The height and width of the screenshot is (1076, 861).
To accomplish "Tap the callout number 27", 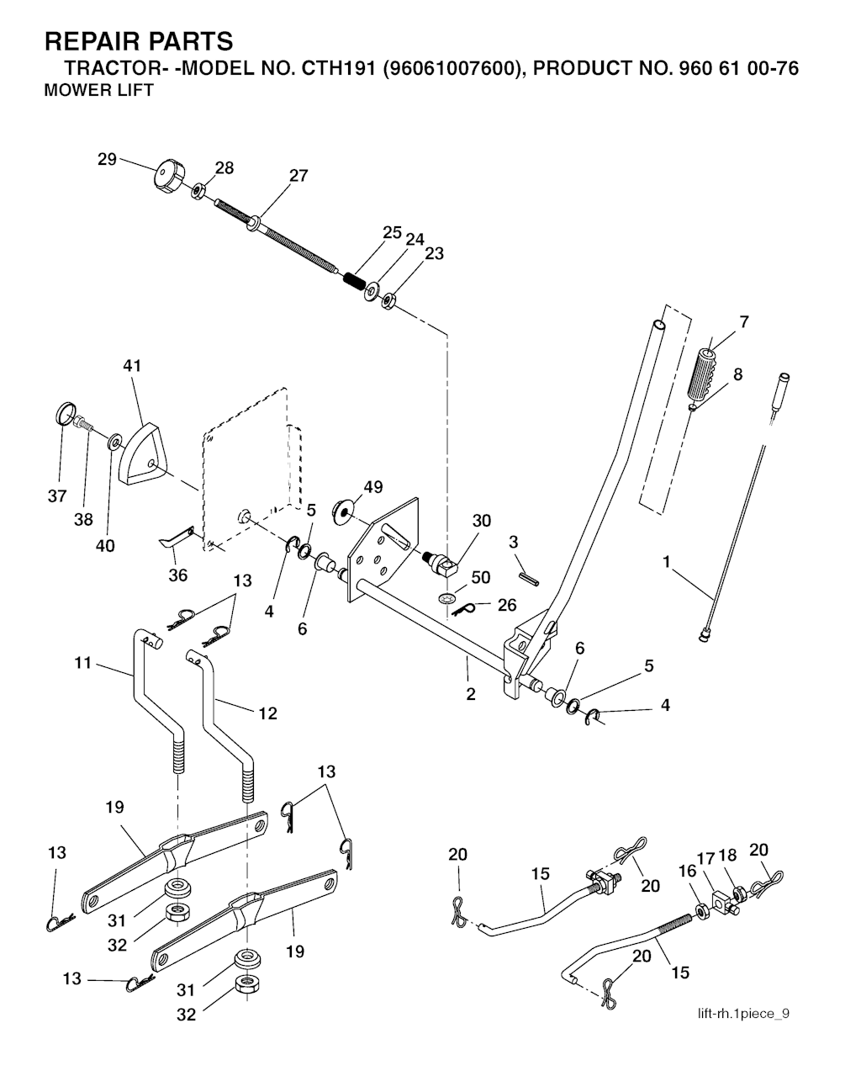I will coord(298,176).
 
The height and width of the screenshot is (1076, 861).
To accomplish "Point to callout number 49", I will coord(372,487).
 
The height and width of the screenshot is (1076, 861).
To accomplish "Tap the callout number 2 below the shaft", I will coord(470,694).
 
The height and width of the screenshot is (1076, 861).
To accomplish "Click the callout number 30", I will coord(481,522).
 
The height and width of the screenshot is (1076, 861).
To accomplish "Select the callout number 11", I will coord(82,662).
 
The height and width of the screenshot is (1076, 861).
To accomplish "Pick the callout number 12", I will coord(267,713).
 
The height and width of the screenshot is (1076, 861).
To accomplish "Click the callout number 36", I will coord(177,575).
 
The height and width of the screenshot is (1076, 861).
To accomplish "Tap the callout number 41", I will coord(132,366).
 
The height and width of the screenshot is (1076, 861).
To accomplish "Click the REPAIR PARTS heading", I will coord(138,40).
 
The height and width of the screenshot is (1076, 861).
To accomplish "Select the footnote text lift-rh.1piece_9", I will coord(742,1013).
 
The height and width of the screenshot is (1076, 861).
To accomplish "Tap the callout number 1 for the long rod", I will coord(667,561).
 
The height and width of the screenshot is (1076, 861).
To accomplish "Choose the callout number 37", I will coord(56,496).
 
